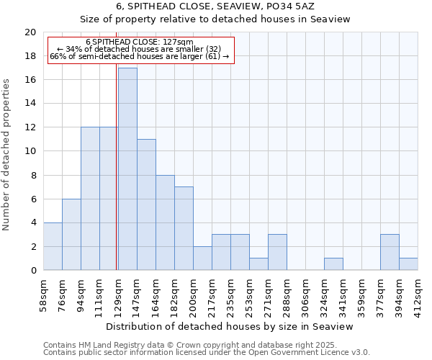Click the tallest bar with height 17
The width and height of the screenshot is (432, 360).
[x=127, y=169]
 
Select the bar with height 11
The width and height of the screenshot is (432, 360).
[x=146, y=204]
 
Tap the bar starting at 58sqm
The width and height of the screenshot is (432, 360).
[x=53, y=246]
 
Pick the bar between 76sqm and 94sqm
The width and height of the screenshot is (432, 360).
[x=71, y=234]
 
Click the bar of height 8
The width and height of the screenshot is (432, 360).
[x=165, y=222]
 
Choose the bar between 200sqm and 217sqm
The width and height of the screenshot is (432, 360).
[x=202, y=258]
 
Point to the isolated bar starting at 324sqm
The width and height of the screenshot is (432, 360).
[x=333, y=264]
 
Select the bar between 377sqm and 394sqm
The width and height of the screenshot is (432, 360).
[x=390, y=252]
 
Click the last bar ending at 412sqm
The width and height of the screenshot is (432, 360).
[x=408, y=264]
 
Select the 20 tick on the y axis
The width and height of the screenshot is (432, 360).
[x=30, y=32]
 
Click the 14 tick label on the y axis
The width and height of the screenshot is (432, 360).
[x=30, y=104]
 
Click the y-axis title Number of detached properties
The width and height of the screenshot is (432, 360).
[x=7, y=155]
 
